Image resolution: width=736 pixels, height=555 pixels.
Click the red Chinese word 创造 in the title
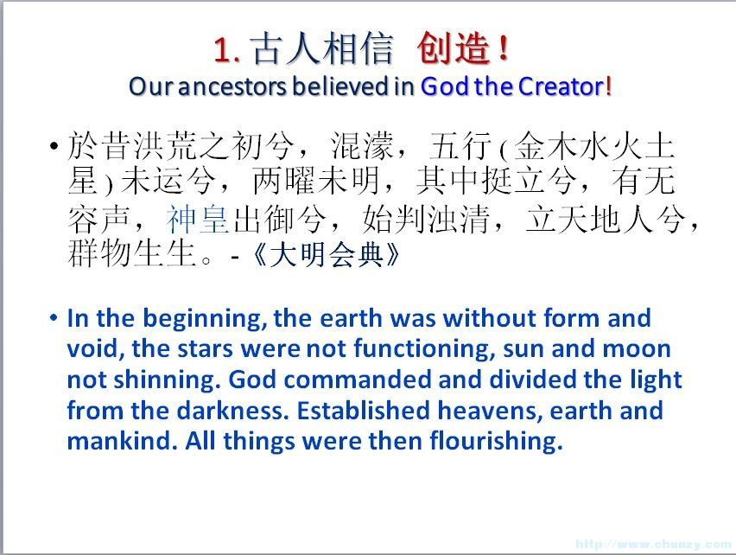453,48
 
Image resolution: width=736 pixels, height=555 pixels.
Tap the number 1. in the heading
227,50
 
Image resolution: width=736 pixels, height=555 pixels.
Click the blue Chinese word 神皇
197,220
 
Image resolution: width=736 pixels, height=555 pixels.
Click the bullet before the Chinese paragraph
54,146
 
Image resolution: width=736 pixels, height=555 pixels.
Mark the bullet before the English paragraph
54,318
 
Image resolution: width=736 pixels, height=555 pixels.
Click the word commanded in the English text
358,380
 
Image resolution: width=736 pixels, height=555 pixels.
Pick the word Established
364,411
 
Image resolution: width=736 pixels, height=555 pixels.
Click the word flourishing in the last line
496,442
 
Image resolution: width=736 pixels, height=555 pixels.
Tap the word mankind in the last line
122,442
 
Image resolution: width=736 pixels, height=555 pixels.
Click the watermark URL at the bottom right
653,544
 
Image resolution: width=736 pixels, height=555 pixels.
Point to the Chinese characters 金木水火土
593,146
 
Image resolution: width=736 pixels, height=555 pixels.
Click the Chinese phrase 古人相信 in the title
322,48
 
